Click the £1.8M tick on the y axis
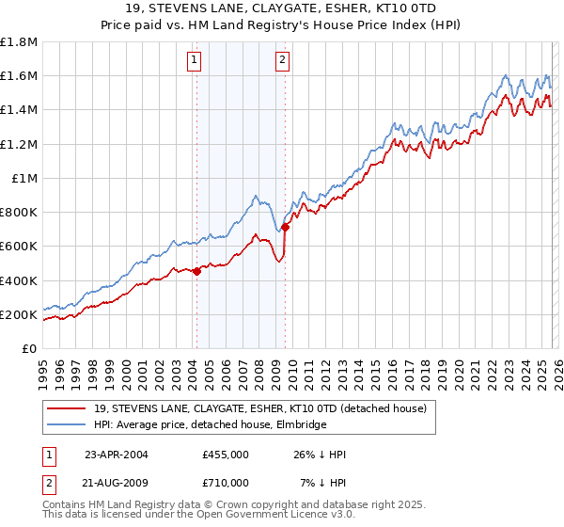(x=19, y=42)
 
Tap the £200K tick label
(x=19, y=314)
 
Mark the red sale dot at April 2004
(x=196, y=271)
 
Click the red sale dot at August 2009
(x=285, y=227)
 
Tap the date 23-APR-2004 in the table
(x=117, y=455)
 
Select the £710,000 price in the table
(x=226, y=482)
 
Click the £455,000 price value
(x=226, y=455)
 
